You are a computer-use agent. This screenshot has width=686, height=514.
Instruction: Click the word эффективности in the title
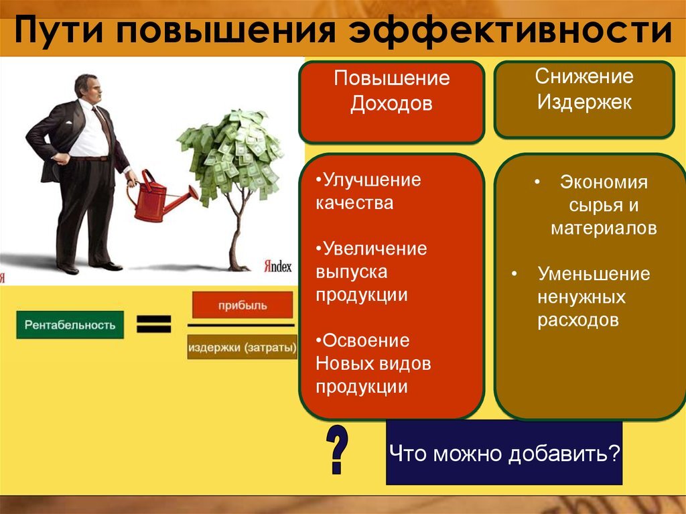[x=510, y=31]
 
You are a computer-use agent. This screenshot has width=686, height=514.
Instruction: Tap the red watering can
[x=159, y=198]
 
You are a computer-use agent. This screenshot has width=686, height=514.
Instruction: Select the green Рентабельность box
[x=70, y=325]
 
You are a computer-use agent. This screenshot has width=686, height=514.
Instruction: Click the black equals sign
[x=154, y=324]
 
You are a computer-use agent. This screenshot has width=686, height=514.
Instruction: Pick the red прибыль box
[x=243, y=305]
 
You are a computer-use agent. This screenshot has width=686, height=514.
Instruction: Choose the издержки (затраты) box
[x=242, y=347]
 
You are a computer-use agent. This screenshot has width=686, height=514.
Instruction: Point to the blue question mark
[x=337, y=449]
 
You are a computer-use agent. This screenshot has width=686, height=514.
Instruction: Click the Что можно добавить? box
[x=504, y=453]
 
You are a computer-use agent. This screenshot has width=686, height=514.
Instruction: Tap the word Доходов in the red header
[x=391, y=103]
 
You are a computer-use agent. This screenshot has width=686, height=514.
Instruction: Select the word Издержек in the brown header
[x=584, y=102]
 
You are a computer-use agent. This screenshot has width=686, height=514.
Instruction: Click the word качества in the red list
[x=354, y=203]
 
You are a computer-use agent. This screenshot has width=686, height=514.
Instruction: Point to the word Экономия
[x=604, y=182]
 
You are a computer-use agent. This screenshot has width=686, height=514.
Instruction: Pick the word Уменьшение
[x=594, y=274]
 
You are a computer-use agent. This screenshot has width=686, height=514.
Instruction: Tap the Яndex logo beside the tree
[x=277, y=266]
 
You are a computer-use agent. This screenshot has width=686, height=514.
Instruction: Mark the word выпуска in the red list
[x=351, y=272]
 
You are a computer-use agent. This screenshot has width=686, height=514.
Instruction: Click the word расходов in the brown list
[x=578, y=320]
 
